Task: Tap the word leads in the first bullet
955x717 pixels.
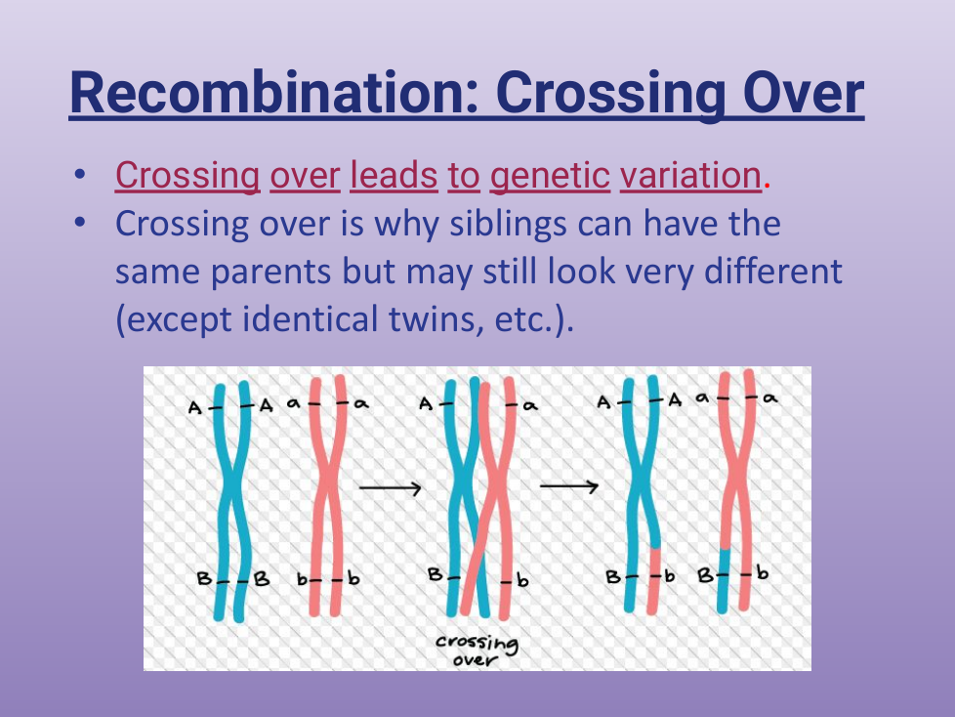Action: click(x=394, y=176)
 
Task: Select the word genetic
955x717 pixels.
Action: click(x=550, y=177)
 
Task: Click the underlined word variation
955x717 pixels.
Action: click(x=690, y=176)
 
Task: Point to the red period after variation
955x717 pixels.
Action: click(x=767, y=187)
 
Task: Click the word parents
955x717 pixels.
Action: click(x=271, y=273)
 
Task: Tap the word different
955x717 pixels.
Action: click(x=773, y=271)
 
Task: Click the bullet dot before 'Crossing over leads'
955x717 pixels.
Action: click(x=79, y=175)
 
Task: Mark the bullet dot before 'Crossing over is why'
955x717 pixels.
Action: click(x=79, y=223)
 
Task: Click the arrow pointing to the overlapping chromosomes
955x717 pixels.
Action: click(x=391, y=488)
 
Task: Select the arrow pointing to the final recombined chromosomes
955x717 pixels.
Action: click(x=569, y=486)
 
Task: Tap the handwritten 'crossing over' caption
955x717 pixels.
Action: click(x=477, y=651)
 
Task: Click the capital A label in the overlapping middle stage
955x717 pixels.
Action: click(x=426, y=403)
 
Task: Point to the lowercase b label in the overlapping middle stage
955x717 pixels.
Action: click(x=522, y=580)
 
